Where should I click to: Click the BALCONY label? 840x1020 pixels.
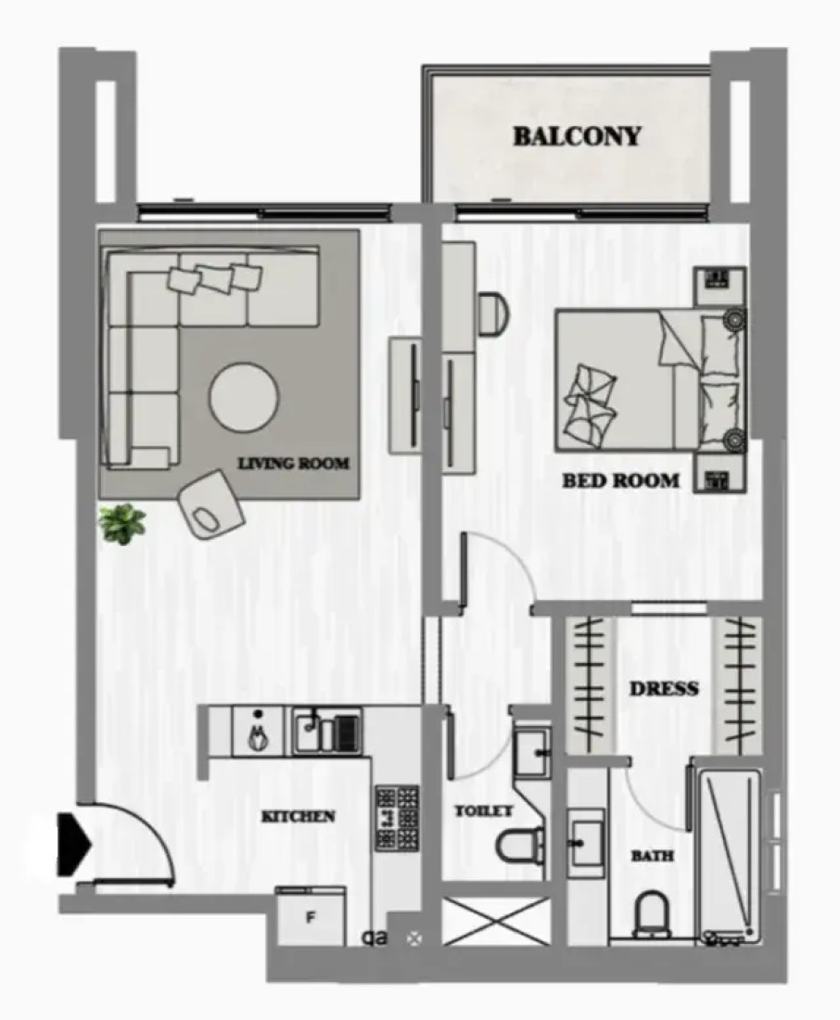click(x=577, y=136)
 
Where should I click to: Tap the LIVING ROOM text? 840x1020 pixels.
click(x=294, y=463)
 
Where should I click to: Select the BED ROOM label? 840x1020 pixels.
click(x=620, y=480)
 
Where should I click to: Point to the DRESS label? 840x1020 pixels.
click(x=664, y=688)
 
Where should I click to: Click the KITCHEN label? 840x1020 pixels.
click(x=298, y=816)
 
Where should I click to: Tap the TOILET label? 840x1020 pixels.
click(x=483, y=810)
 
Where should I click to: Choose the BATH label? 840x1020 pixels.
click(x=652, y=856)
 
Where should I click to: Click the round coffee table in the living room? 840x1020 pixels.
click(x=244, y=397)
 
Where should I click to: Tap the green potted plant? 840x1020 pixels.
click(x=122, y=523)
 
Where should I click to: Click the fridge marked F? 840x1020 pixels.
click(x=310, y=916)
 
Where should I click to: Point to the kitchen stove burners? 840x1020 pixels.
click(x=396, y=818)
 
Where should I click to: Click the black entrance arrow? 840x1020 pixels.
click(x=73, y=843)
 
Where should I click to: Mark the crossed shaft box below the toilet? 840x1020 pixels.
click(x=495, y=921)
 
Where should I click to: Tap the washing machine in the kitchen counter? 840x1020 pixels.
click(x=258, y=732)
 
